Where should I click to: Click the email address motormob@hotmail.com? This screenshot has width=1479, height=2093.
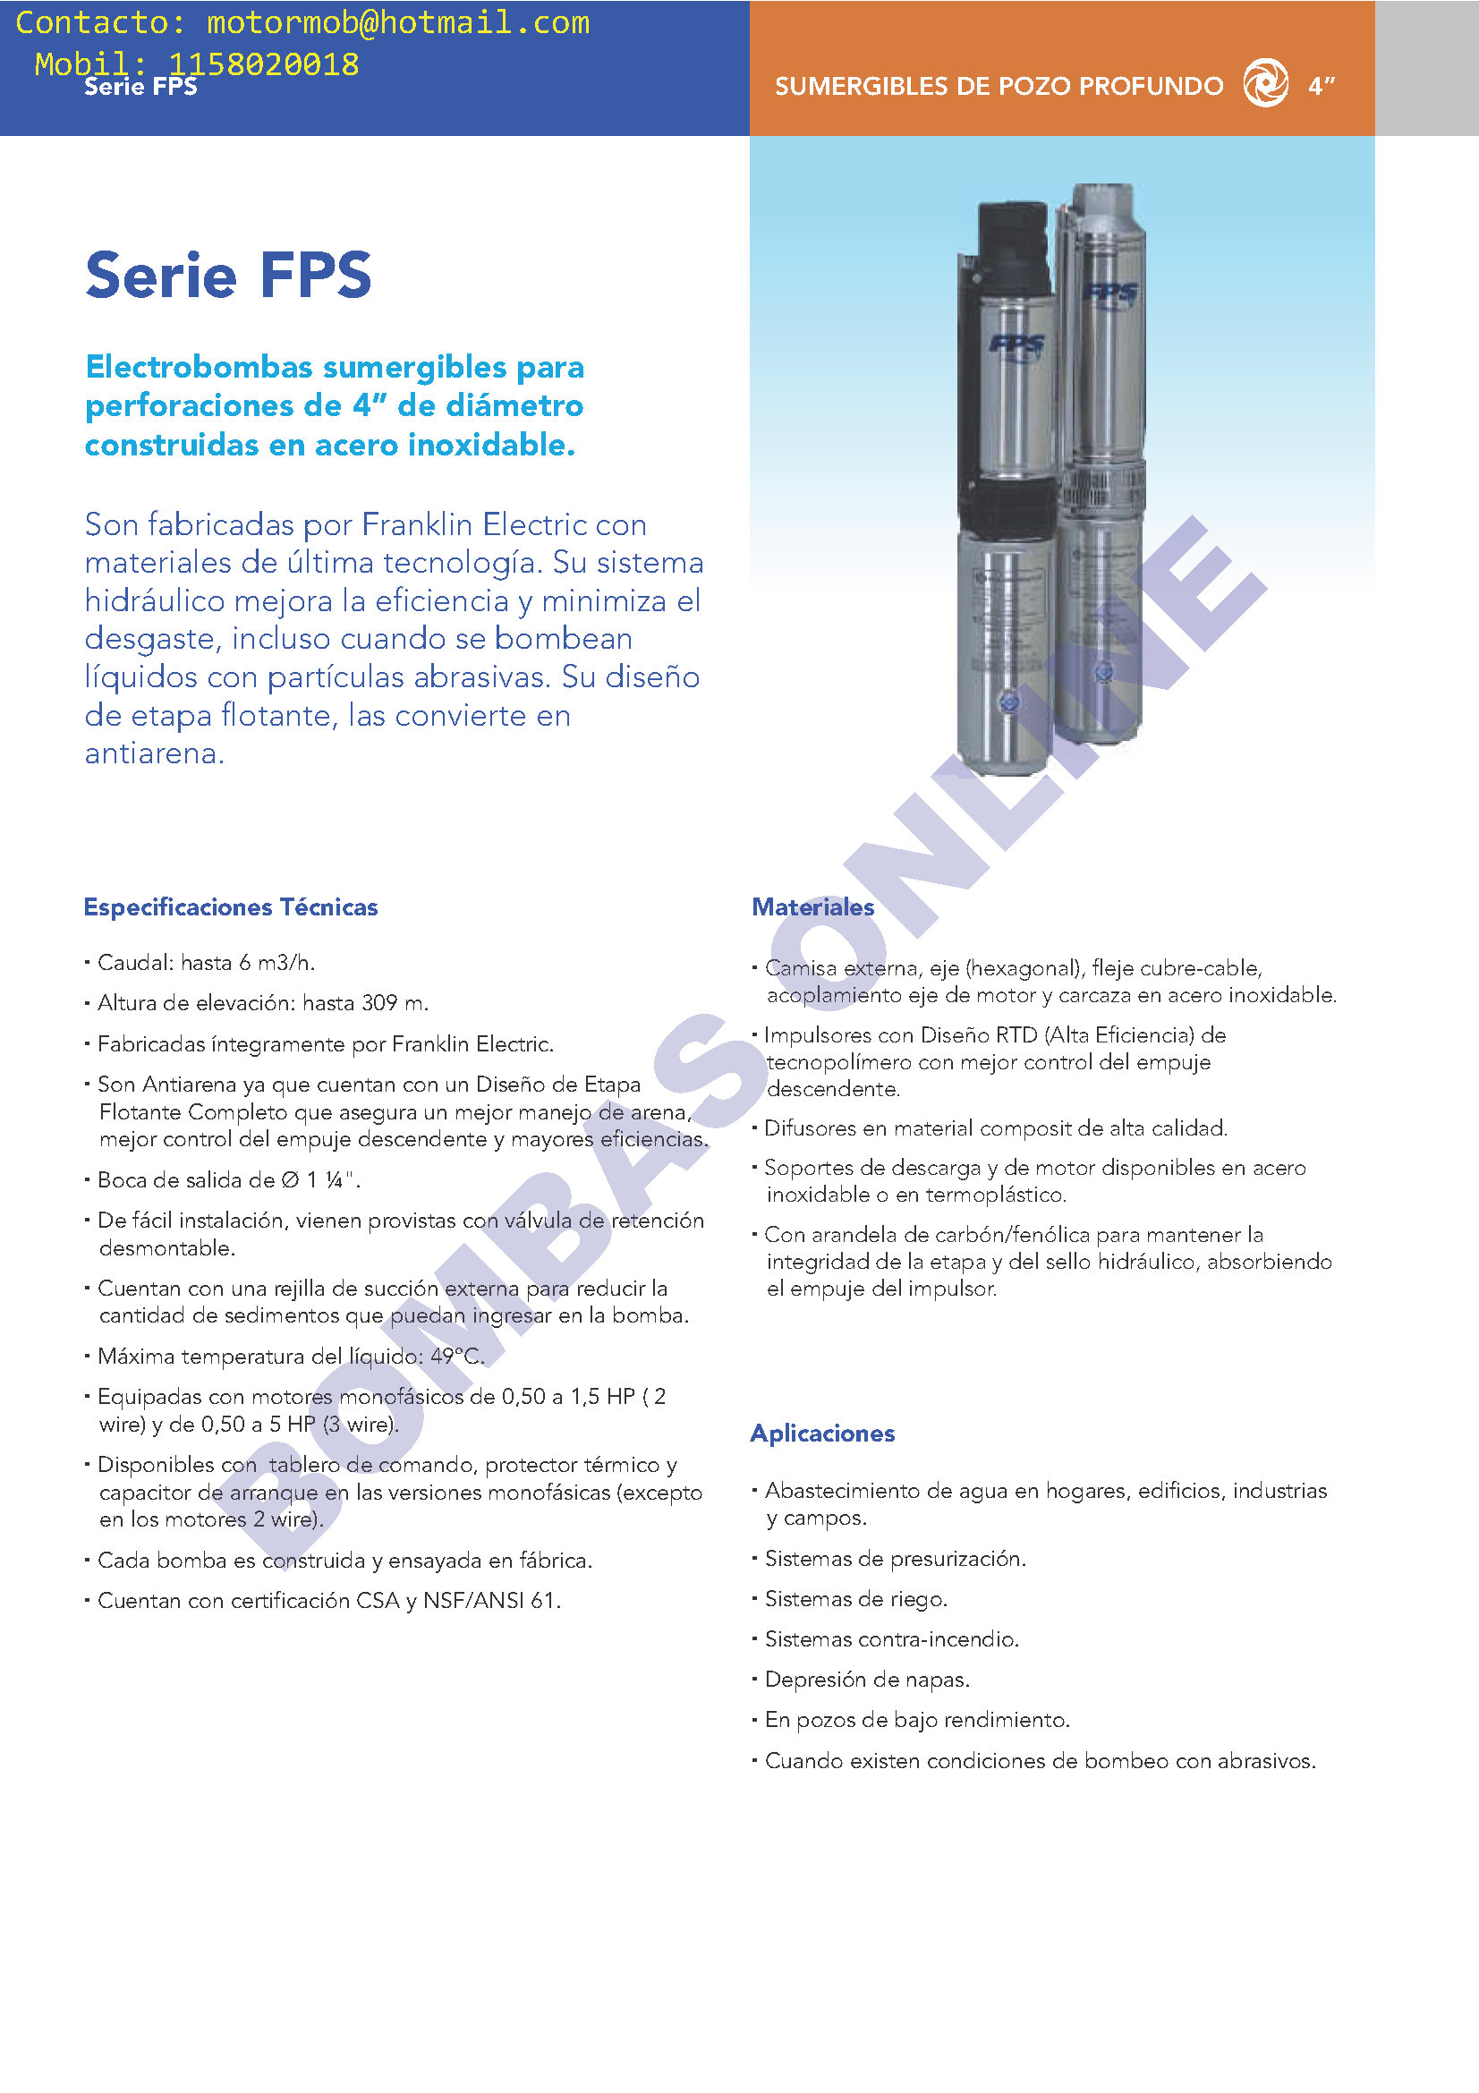point(398,22)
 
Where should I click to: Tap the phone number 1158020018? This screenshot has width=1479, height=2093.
point(263,64)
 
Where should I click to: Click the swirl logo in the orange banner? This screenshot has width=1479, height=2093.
point(1266,83)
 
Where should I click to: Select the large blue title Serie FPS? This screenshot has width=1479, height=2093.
point(228,275)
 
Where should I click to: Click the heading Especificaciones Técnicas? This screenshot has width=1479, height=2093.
point(231,907)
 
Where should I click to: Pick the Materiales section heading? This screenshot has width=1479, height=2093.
point(812,907)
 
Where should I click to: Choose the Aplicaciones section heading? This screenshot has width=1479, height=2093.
point(822,1433)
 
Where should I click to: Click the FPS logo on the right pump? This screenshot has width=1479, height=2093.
point(1111,294)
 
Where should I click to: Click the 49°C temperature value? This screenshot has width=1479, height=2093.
point(456,1357)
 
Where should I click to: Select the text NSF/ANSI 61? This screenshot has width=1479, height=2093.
point(491,1601)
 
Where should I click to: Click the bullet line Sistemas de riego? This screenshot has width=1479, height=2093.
point(855,1599)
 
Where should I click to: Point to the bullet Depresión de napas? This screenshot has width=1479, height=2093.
point(867,1679)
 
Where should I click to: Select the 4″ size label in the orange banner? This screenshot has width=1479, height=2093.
point(1322,86)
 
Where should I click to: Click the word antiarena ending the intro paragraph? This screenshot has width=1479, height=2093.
point(153,753)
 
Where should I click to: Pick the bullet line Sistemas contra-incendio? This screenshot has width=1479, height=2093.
point(891,1639)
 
